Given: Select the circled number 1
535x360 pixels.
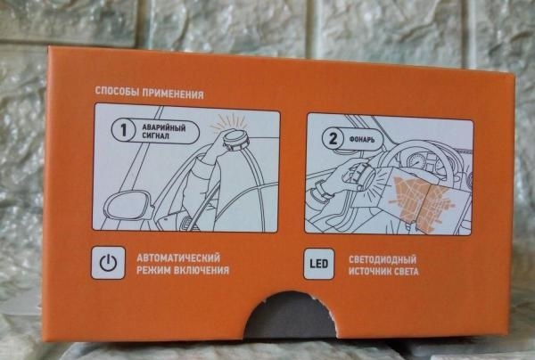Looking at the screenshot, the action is (x=123, y=129).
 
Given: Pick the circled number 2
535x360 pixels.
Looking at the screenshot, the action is (x=333, y=138).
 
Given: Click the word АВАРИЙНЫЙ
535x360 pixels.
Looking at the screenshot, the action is (x=164, y=128).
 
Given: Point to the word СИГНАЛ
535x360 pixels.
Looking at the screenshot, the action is (x=155, y=136).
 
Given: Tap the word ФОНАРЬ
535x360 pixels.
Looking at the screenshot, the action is (x=362, y=139).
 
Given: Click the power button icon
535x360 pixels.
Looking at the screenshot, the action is (x=108, y=263).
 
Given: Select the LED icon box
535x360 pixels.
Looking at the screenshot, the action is (x=318, y=264).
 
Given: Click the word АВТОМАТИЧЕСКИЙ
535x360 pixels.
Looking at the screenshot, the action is (x=178, y=258).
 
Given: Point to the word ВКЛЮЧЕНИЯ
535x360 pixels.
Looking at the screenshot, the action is (x=202, y=270).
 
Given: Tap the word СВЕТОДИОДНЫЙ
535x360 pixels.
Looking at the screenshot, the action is (x=383, y=260).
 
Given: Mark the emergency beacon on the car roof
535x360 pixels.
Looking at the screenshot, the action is (x=235, y=140).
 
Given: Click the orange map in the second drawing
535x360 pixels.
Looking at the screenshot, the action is (x=423, y=201).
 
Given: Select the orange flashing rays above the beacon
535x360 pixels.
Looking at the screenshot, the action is (x=230, y=123).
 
